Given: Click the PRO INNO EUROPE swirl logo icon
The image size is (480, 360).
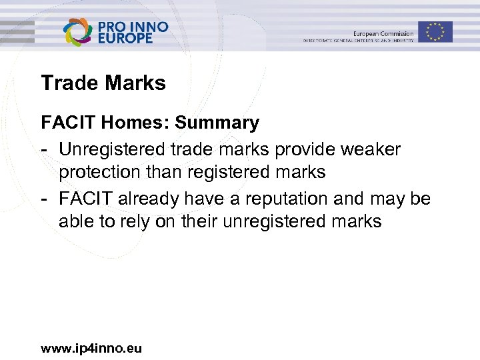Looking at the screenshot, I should click(77, 31).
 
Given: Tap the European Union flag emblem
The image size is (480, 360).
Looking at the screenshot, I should click(435, 31).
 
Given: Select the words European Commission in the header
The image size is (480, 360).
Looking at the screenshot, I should click(383, 33).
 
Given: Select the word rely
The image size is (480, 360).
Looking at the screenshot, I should click(133, 222).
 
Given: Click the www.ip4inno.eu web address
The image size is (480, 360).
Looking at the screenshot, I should click(91, 348).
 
